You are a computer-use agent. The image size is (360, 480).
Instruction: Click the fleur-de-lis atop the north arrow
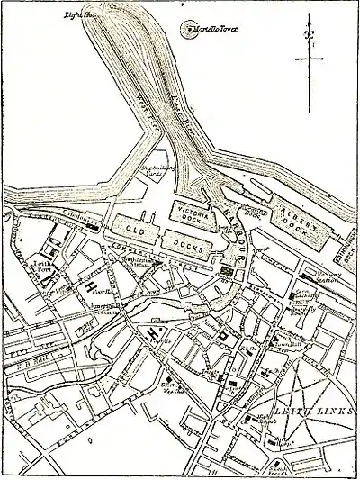pyautogui.click(x=309, y=37)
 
